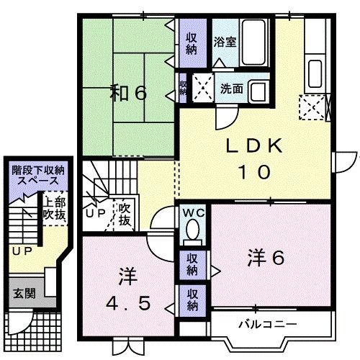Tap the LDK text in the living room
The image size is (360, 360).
251,147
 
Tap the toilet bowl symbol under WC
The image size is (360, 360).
192,229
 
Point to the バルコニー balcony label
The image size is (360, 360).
268,323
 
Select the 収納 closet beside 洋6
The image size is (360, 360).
192,264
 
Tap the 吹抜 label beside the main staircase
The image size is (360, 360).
125,214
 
